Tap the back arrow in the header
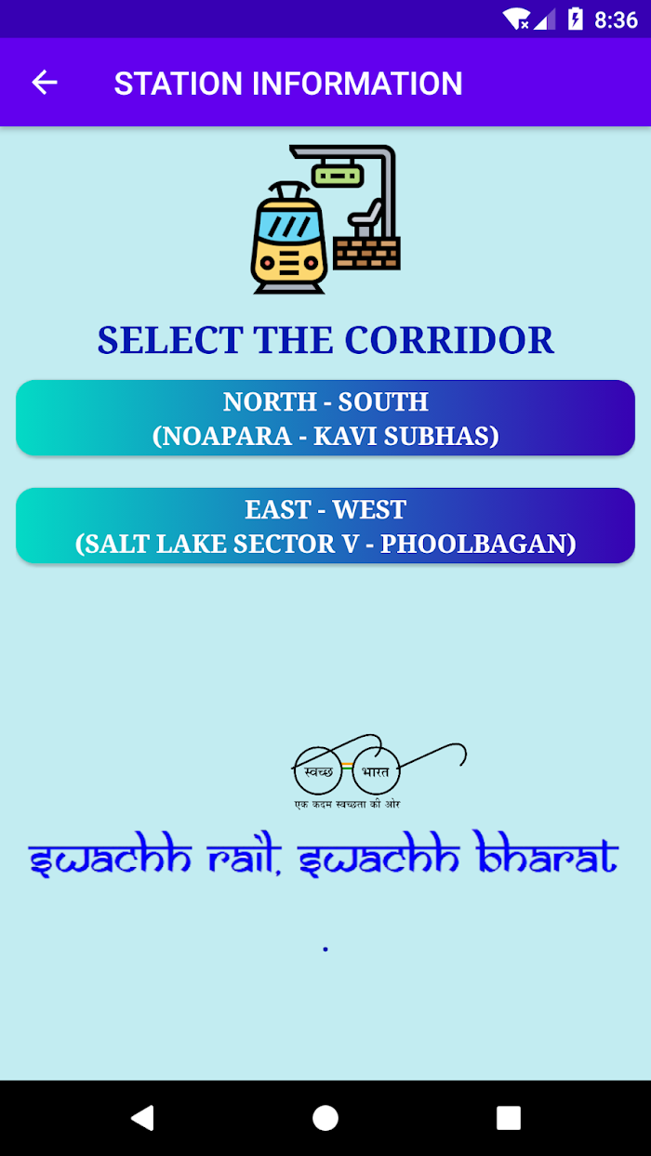click(45, 83)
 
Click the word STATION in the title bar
click(179, 84)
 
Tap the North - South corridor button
click(325, 418)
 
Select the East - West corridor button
click(325, 525)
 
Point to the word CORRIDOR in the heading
click(449, 341)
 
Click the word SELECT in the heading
click(170, 341)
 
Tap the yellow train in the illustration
click(289, 240)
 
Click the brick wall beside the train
click(366, 253)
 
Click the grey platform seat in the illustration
click(365, 219)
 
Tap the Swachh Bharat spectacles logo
click(379, 771)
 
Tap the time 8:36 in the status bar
click(616, 20)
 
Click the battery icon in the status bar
click(575, 20)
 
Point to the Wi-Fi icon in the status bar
click(516, 20)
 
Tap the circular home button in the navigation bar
click(325, 1118)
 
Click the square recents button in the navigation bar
click(509, 1118)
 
